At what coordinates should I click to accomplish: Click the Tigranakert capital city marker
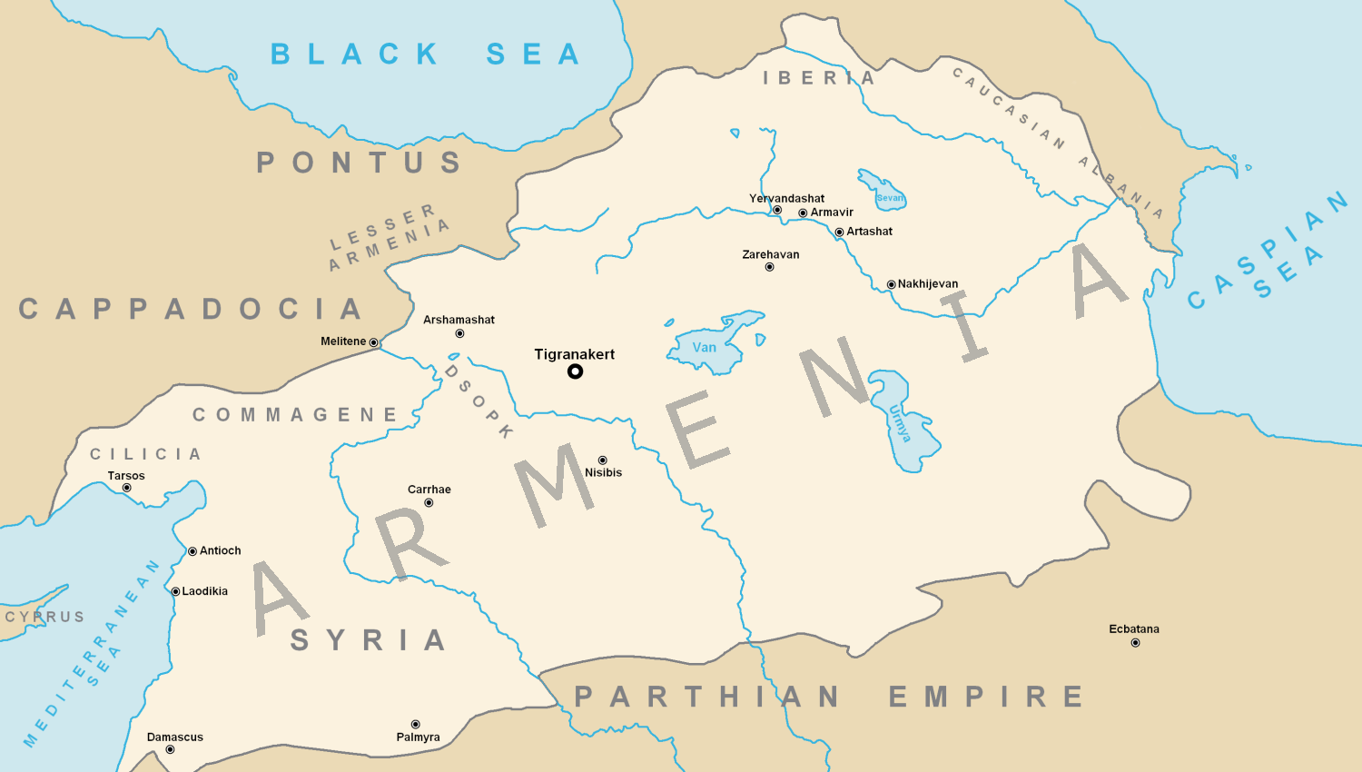pos(575,371)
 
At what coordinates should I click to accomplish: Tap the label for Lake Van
pos(705,348)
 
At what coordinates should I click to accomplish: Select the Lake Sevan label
pos(890,198)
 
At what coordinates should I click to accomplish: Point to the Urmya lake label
pos(900,423)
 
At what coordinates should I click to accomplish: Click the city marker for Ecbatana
pos(1135,643)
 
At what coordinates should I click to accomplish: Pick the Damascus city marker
pos(170,750)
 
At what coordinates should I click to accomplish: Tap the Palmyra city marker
pos(416,725)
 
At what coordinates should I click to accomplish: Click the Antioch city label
pos(221,551)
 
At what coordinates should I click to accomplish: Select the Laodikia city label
pos(205,591)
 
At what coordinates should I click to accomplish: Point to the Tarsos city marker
pos(127,489)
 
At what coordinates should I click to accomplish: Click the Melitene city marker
pos(373,342)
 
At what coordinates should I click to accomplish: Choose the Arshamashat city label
pos(459,320)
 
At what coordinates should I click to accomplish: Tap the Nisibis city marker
pos(602,460)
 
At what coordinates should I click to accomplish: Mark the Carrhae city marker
pos(429,503)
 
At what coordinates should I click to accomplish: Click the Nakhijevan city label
pos(928,284)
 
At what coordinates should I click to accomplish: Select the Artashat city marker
pos(839,233)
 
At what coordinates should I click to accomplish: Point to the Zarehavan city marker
pos(769,267)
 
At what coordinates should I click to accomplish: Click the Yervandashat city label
pos(786,199)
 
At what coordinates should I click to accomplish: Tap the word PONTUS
pos(360,163)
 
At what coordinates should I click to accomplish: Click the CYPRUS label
pos(45,618)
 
